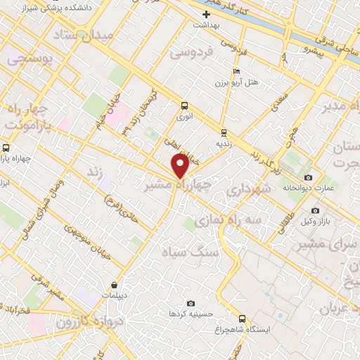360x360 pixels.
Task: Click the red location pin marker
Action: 180,166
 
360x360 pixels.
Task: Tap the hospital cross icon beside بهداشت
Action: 205,14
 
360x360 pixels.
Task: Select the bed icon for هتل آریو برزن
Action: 237,72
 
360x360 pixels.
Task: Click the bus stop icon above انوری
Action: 185,106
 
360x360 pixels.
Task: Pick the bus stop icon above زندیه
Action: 224,132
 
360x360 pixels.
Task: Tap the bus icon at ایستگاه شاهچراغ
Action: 243,319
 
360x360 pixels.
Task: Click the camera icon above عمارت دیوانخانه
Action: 309,177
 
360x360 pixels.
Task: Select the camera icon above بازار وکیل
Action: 315,210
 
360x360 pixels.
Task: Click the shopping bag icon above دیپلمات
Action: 115,285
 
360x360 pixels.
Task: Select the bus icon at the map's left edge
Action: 6,148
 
